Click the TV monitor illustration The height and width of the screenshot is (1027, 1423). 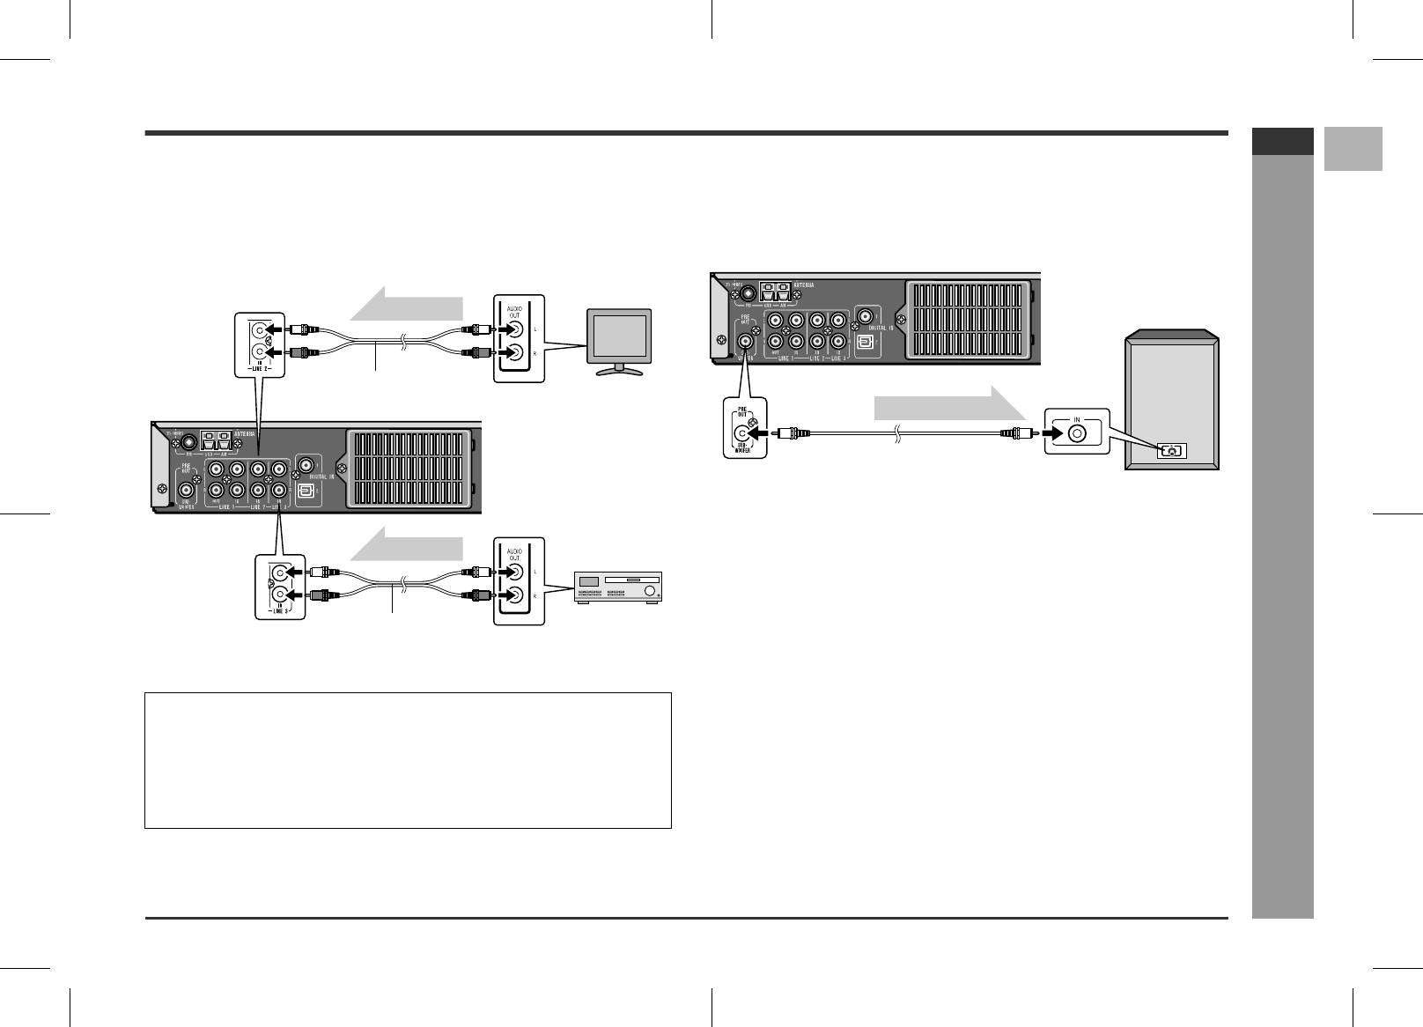pos(619,340)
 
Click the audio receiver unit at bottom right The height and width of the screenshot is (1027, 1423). pos(616,587)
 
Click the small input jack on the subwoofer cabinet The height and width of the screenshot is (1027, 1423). pos(1171,451)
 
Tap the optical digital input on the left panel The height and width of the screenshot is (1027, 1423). pos(304,491)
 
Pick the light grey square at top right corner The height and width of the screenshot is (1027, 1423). pos(1353,149)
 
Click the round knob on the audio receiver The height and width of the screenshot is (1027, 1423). pos(650,588)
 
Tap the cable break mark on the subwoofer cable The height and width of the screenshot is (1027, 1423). pos(896,433)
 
